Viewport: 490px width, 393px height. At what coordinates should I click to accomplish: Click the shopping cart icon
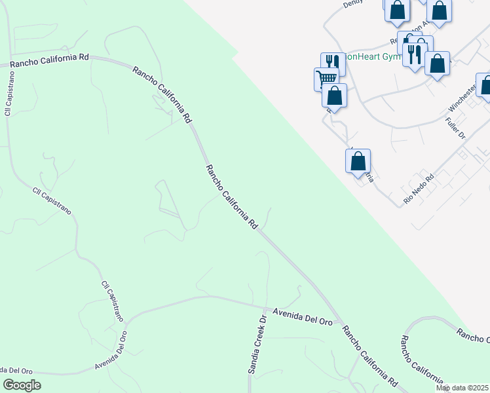coord(326,79)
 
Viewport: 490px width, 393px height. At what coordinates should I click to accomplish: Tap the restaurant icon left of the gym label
coord(332,62)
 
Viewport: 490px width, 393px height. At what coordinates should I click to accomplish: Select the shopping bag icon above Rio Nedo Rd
coord(358,160)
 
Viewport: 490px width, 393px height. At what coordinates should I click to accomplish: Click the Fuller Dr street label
coord(455,126)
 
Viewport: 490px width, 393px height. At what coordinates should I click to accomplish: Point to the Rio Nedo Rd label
coord(419,189)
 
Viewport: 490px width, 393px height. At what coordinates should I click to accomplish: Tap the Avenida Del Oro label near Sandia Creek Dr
coord(303,318)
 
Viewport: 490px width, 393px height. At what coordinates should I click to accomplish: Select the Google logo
coord(22,385)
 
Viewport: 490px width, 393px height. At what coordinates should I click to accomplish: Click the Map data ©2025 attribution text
coord(462,388)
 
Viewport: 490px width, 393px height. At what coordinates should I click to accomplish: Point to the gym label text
coord(373,57)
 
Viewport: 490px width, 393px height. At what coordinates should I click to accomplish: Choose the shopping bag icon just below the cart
coord(334,96)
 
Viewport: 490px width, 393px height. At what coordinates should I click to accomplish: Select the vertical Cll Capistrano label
coord(9,94)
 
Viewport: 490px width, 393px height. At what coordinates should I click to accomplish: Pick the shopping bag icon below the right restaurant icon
coord(437,64)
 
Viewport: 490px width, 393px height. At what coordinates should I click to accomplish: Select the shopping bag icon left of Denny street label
coord(397,10)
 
